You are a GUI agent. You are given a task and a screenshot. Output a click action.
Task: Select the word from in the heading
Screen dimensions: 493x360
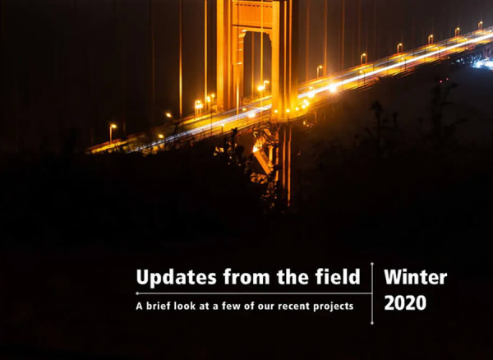pos(246,277)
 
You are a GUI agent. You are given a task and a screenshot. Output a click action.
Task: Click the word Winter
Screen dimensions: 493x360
pos(415,277)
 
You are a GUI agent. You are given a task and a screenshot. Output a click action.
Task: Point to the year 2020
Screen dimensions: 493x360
pos(405,302)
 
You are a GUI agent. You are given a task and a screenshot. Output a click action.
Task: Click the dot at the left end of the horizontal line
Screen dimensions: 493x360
pos(137,293)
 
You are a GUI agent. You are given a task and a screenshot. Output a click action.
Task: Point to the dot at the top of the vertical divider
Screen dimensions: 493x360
pos(372,264)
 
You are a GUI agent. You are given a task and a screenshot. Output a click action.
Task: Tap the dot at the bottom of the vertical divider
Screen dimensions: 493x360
pos(372,323)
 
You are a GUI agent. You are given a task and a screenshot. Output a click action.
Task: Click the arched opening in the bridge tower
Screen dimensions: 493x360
pos(257,62)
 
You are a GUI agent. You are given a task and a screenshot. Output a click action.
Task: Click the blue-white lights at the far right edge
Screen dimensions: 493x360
pos(484,63)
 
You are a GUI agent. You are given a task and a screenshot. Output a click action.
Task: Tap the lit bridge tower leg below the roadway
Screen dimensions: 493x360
pos(284,164)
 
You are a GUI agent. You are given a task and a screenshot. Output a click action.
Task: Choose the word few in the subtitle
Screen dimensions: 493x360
pos(231,306)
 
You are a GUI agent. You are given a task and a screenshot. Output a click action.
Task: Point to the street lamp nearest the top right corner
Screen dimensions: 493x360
pos(480,25)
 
